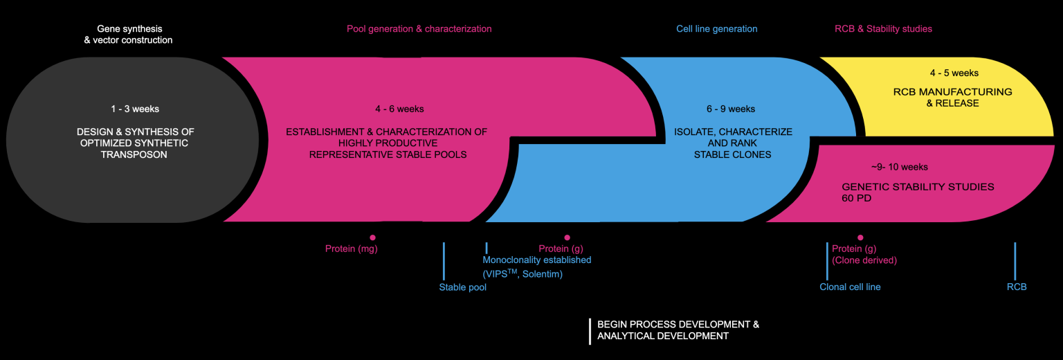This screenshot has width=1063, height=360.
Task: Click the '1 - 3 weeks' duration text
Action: point(135,109)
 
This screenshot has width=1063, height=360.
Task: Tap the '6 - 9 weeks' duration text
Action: point(731,109)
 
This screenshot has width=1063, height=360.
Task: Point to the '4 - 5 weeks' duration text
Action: point(954,73)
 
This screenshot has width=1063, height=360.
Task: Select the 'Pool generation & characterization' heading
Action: point(419,29)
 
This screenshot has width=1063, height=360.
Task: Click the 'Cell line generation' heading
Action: point(716,29)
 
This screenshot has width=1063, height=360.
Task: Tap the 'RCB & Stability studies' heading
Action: point(883,29)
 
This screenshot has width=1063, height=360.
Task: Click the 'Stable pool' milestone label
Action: point(462,287)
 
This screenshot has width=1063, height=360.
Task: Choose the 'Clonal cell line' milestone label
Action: point(850,287)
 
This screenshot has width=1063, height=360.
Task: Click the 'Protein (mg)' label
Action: point(352,249)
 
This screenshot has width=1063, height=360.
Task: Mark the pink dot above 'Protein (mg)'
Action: point(372,237)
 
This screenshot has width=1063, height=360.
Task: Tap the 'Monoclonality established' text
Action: point(536,260)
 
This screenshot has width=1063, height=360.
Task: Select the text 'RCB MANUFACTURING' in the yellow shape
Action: point(952,92)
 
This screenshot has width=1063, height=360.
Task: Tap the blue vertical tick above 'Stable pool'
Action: point(444,261)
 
